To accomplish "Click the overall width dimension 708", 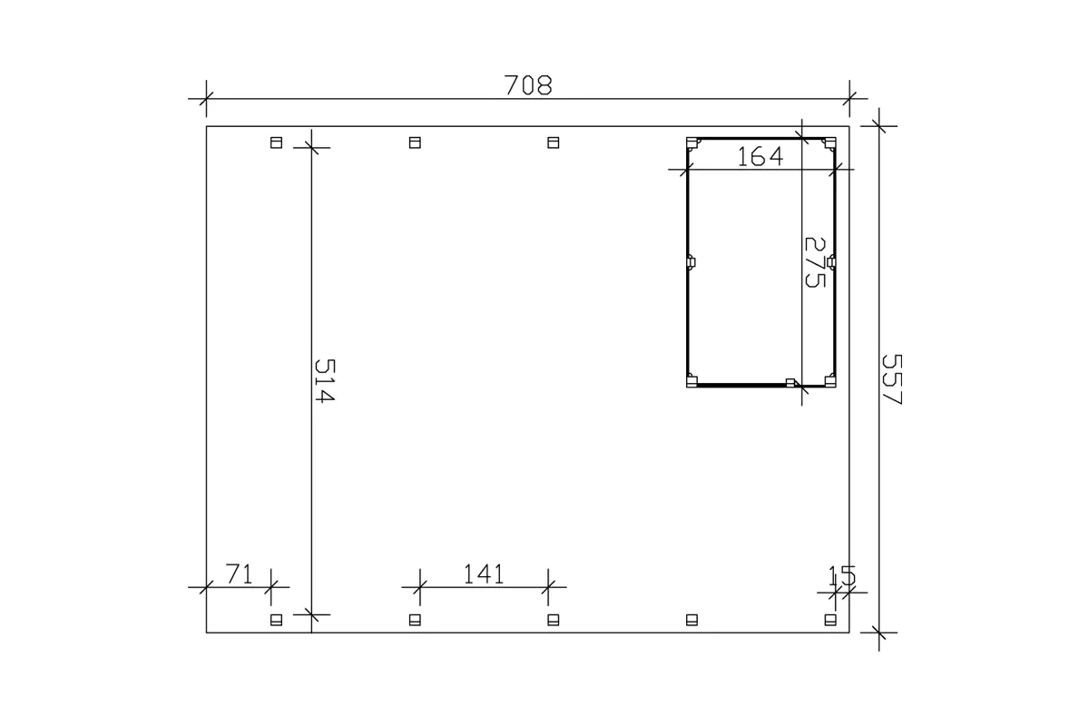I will point(527,85).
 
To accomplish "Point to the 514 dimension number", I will point(325,381).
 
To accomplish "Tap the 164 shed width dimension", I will point(760,156).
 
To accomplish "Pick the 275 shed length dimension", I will point(815,262).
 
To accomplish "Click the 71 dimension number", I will point(238,574).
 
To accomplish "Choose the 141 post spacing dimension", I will point(483,574).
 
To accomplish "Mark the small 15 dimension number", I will point(841,575).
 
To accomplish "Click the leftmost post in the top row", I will point(277,142).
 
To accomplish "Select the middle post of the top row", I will point(415,142).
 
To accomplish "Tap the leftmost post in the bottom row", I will point(277,620).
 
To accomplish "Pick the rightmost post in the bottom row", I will point(829,620).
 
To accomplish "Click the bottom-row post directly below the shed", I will point(692,620).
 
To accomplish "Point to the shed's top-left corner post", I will point(692,143).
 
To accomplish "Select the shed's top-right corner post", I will point(829,143).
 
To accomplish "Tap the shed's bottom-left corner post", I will point(692,379).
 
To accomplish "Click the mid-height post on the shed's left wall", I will point(691,262).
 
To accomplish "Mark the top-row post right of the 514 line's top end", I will point(415,142).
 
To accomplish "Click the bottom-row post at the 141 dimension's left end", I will point(415,620).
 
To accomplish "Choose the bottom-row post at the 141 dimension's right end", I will point(553,620).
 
